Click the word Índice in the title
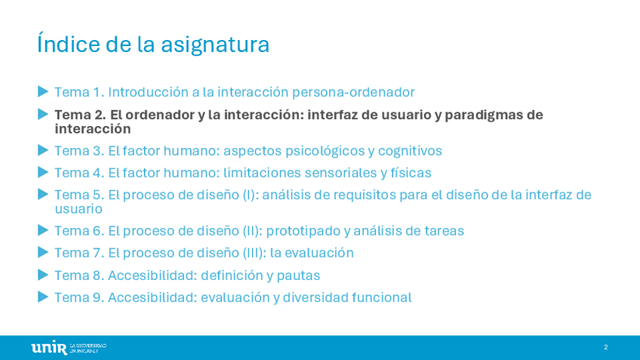[69, 43]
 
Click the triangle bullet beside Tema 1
[43, 91]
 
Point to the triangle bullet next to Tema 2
[43, 114]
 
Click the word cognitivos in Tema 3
[410, 152]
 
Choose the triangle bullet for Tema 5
[43, 194]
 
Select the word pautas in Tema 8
[298, 276]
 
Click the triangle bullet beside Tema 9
[43, 297]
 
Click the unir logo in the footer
[69, 348]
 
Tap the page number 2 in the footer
[606, 347]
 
